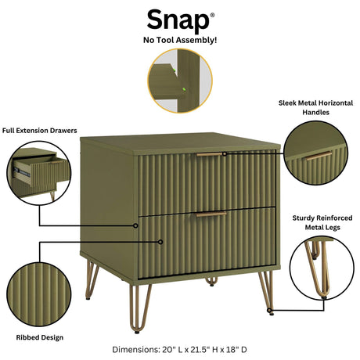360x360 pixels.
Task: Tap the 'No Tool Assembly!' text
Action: click(179, 38)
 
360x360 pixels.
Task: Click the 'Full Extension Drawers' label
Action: click(40, 130)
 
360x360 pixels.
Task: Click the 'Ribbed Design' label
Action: click(38, 337)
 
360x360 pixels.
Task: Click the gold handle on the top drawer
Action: click(209, 154)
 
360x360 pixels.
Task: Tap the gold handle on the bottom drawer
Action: click(210, 214)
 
